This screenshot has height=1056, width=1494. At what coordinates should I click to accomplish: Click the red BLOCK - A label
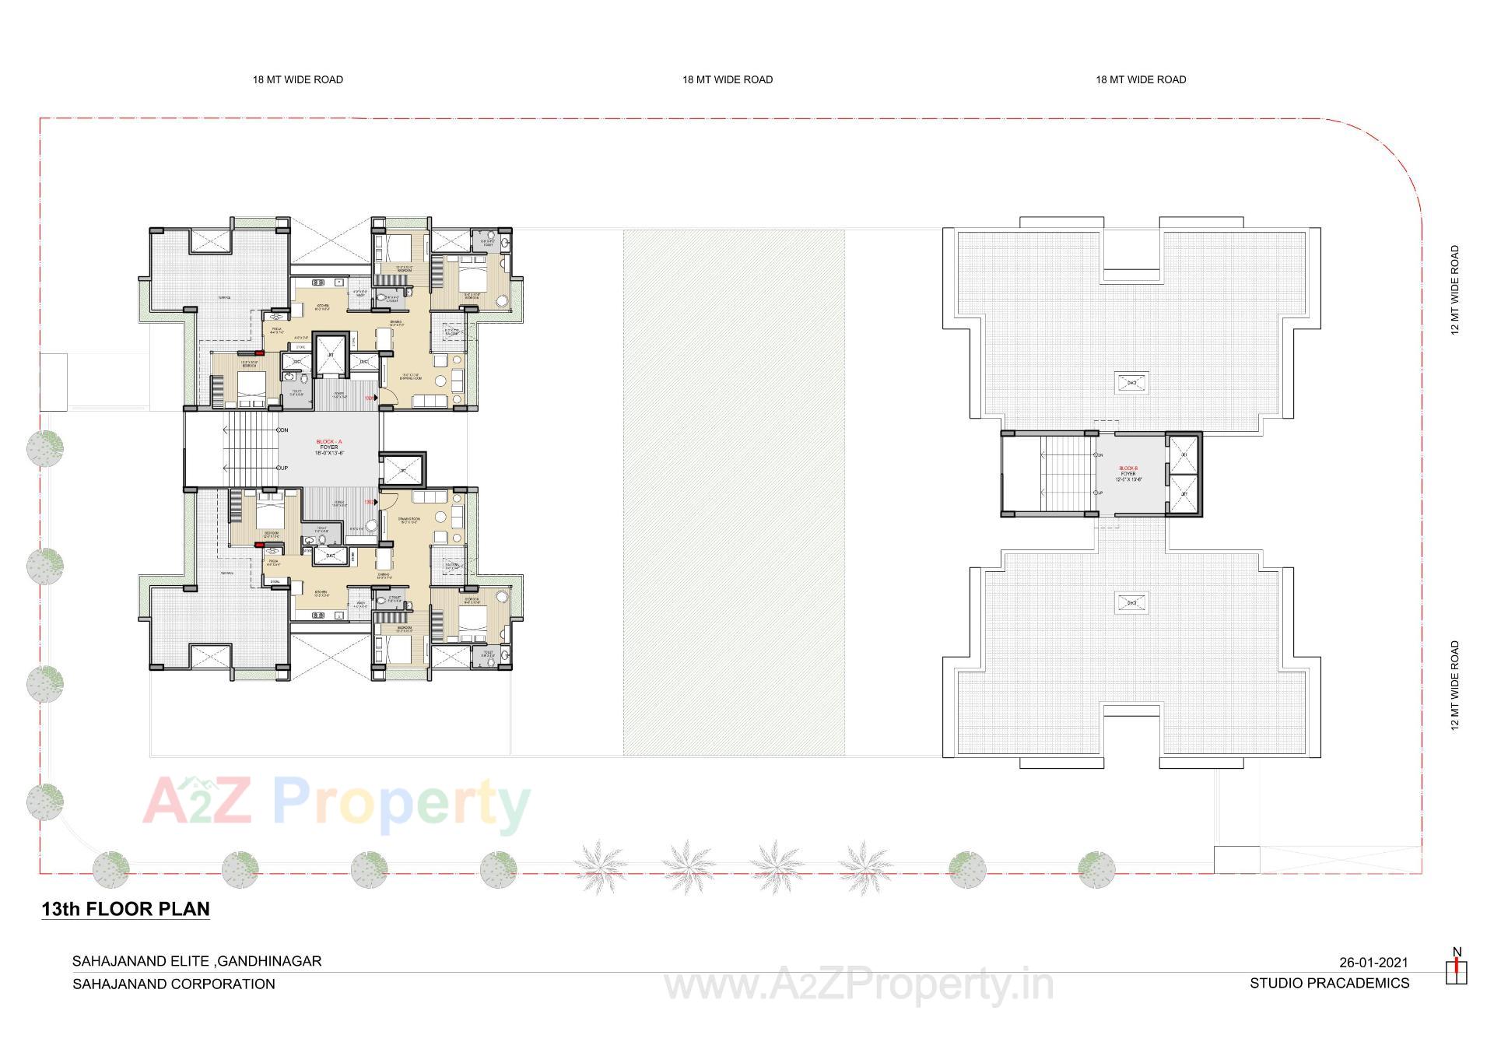329,441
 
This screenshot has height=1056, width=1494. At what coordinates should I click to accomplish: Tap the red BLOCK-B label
1129,468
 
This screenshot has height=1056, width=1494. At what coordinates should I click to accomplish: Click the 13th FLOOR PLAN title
125,909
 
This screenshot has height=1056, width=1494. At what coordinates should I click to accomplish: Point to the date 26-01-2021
1373,963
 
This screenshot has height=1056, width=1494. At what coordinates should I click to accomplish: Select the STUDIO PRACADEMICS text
1329,984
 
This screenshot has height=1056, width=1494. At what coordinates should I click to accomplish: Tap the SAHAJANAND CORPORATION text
174,984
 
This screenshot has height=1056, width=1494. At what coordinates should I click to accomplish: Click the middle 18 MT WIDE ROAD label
728,79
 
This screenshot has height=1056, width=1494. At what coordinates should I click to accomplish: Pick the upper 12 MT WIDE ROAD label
1454,290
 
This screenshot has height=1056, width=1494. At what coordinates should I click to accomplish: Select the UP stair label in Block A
283,468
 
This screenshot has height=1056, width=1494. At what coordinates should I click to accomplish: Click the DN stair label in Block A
283,430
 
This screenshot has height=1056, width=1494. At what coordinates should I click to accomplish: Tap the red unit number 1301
370,398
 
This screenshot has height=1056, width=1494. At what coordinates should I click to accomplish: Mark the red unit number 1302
370,502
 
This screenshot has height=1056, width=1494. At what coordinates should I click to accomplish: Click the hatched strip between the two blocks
734,492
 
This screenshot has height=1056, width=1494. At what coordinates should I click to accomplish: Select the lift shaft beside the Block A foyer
402,471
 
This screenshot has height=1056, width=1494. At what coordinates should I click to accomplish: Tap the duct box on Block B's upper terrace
1132,382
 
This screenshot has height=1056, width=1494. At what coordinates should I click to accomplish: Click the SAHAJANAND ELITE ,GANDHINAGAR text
197,961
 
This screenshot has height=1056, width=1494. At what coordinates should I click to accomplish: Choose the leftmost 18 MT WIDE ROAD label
298,79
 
